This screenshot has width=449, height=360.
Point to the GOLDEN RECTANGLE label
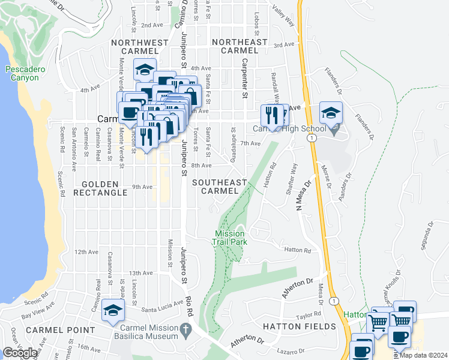tap(100, 187)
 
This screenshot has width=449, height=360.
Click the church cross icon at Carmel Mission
tap(186, 328)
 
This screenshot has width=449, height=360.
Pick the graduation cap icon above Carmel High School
tap(330, 112)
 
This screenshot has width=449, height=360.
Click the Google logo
tap(20, 353)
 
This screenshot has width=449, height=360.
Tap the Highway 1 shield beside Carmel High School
tap(312, 138)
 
